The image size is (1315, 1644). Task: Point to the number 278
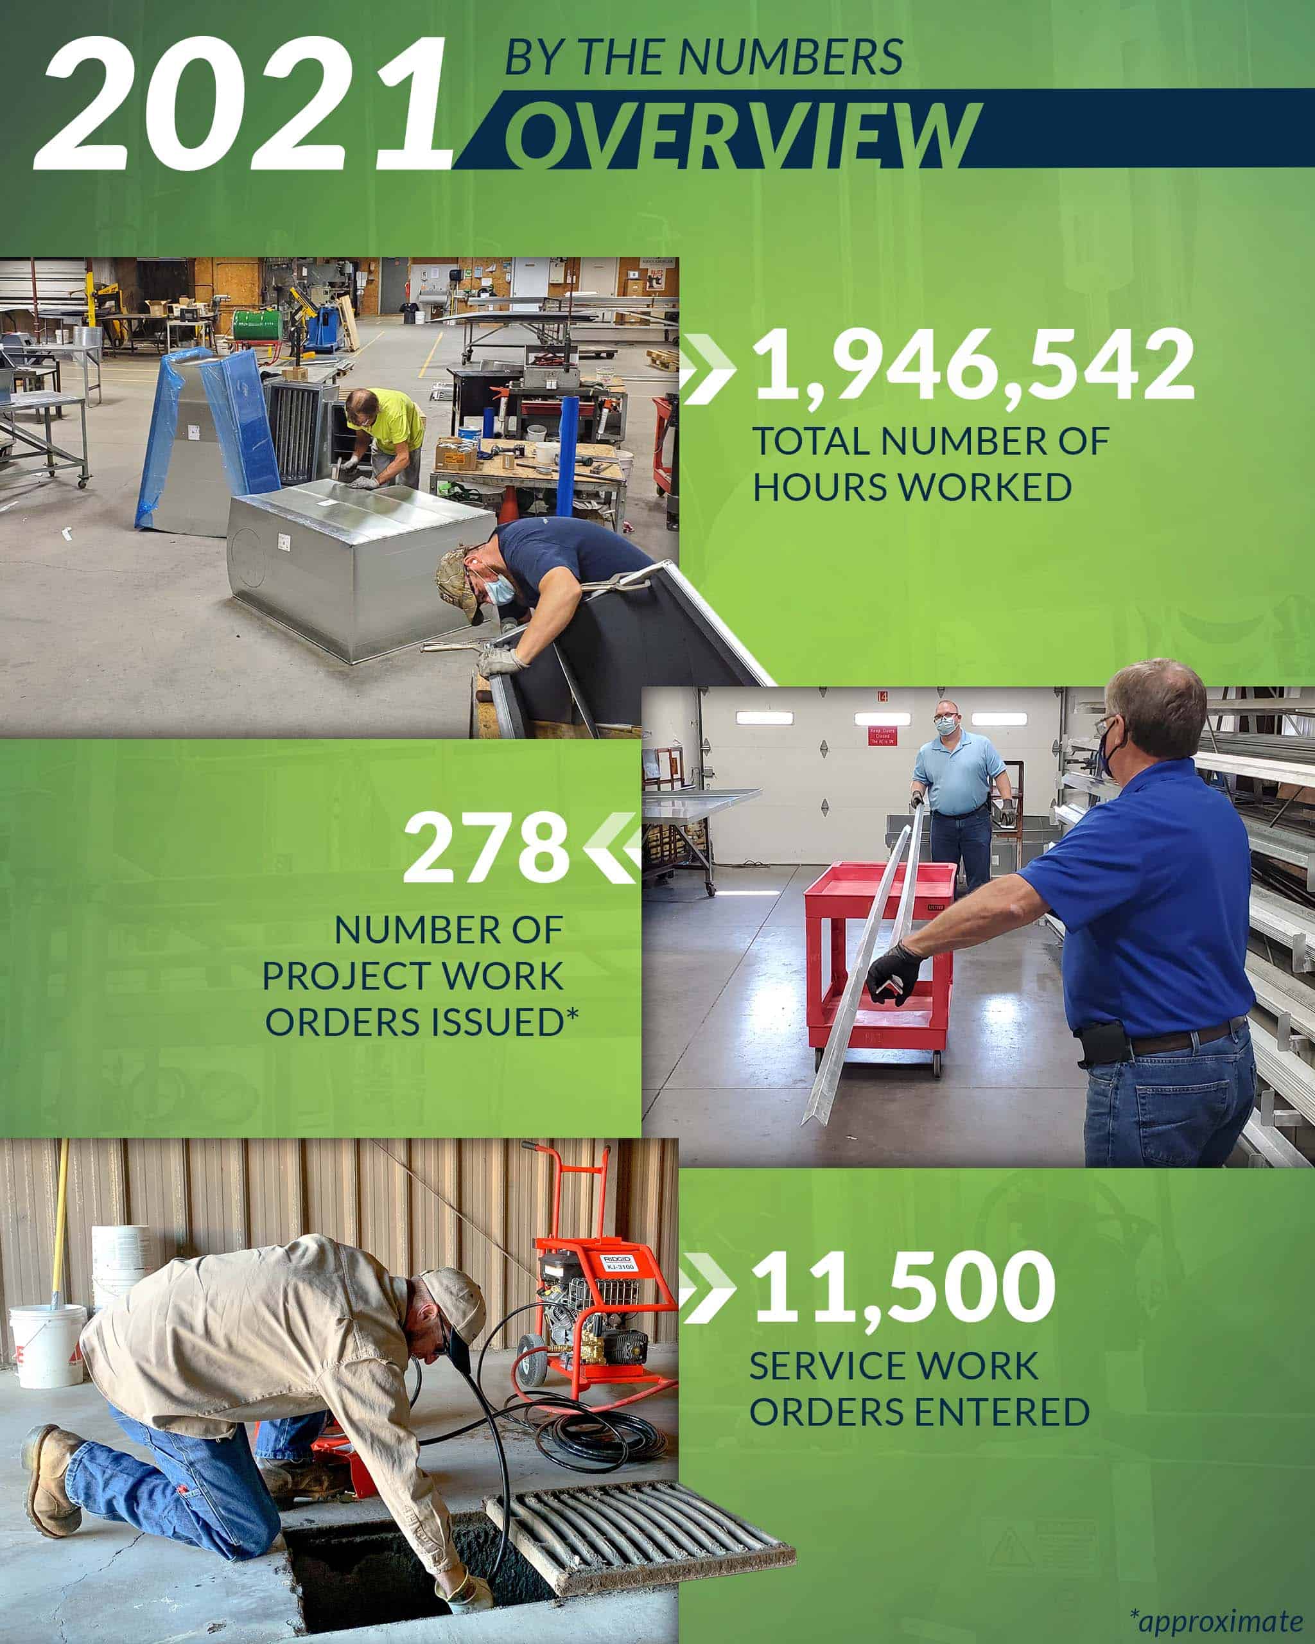tap(486, 847)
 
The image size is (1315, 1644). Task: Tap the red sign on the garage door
tap(883, 736)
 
